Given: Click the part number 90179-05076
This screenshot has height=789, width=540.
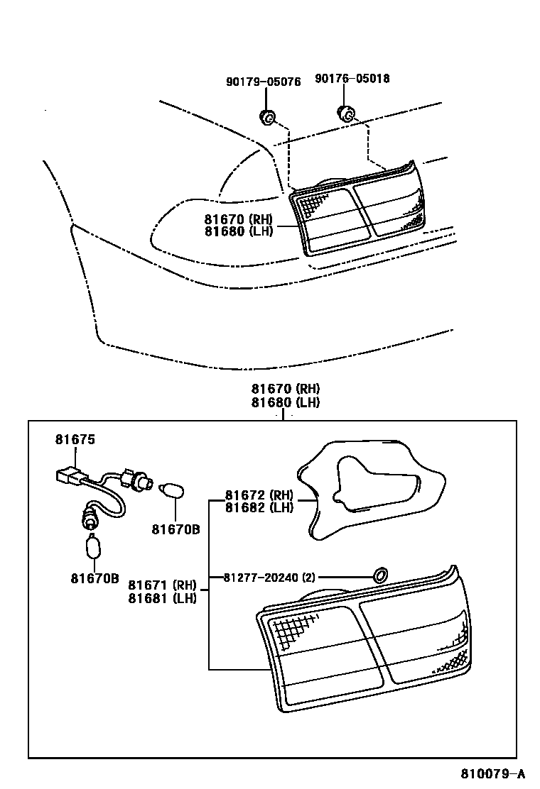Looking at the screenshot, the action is coord(263,82).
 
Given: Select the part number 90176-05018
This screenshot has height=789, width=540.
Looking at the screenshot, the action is coord(352,79).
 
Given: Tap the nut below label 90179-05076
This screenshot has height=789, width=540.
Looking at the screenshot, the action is coord(267,116).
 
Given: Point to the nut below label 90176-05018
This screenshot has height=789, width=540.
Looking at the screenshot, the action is coord(345,112).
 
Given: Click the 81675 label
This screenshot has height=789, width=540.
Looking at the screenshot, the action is coord(75,440).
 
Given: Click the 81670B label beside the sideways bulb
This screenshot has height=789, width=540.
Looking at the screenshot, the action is coord(175,529).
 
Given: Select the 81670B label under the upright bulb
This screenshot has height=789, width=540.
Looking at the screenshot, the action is coord(95,578).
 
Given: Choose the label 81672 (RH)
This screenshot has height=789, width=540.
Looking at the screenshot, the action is coord(259,495).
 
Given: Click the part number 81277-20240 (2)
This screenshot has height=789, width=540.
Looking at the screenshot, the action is coord(269,577).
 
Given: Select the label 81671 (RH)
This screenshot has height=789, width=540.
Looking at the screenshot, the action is coord(162,585).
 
